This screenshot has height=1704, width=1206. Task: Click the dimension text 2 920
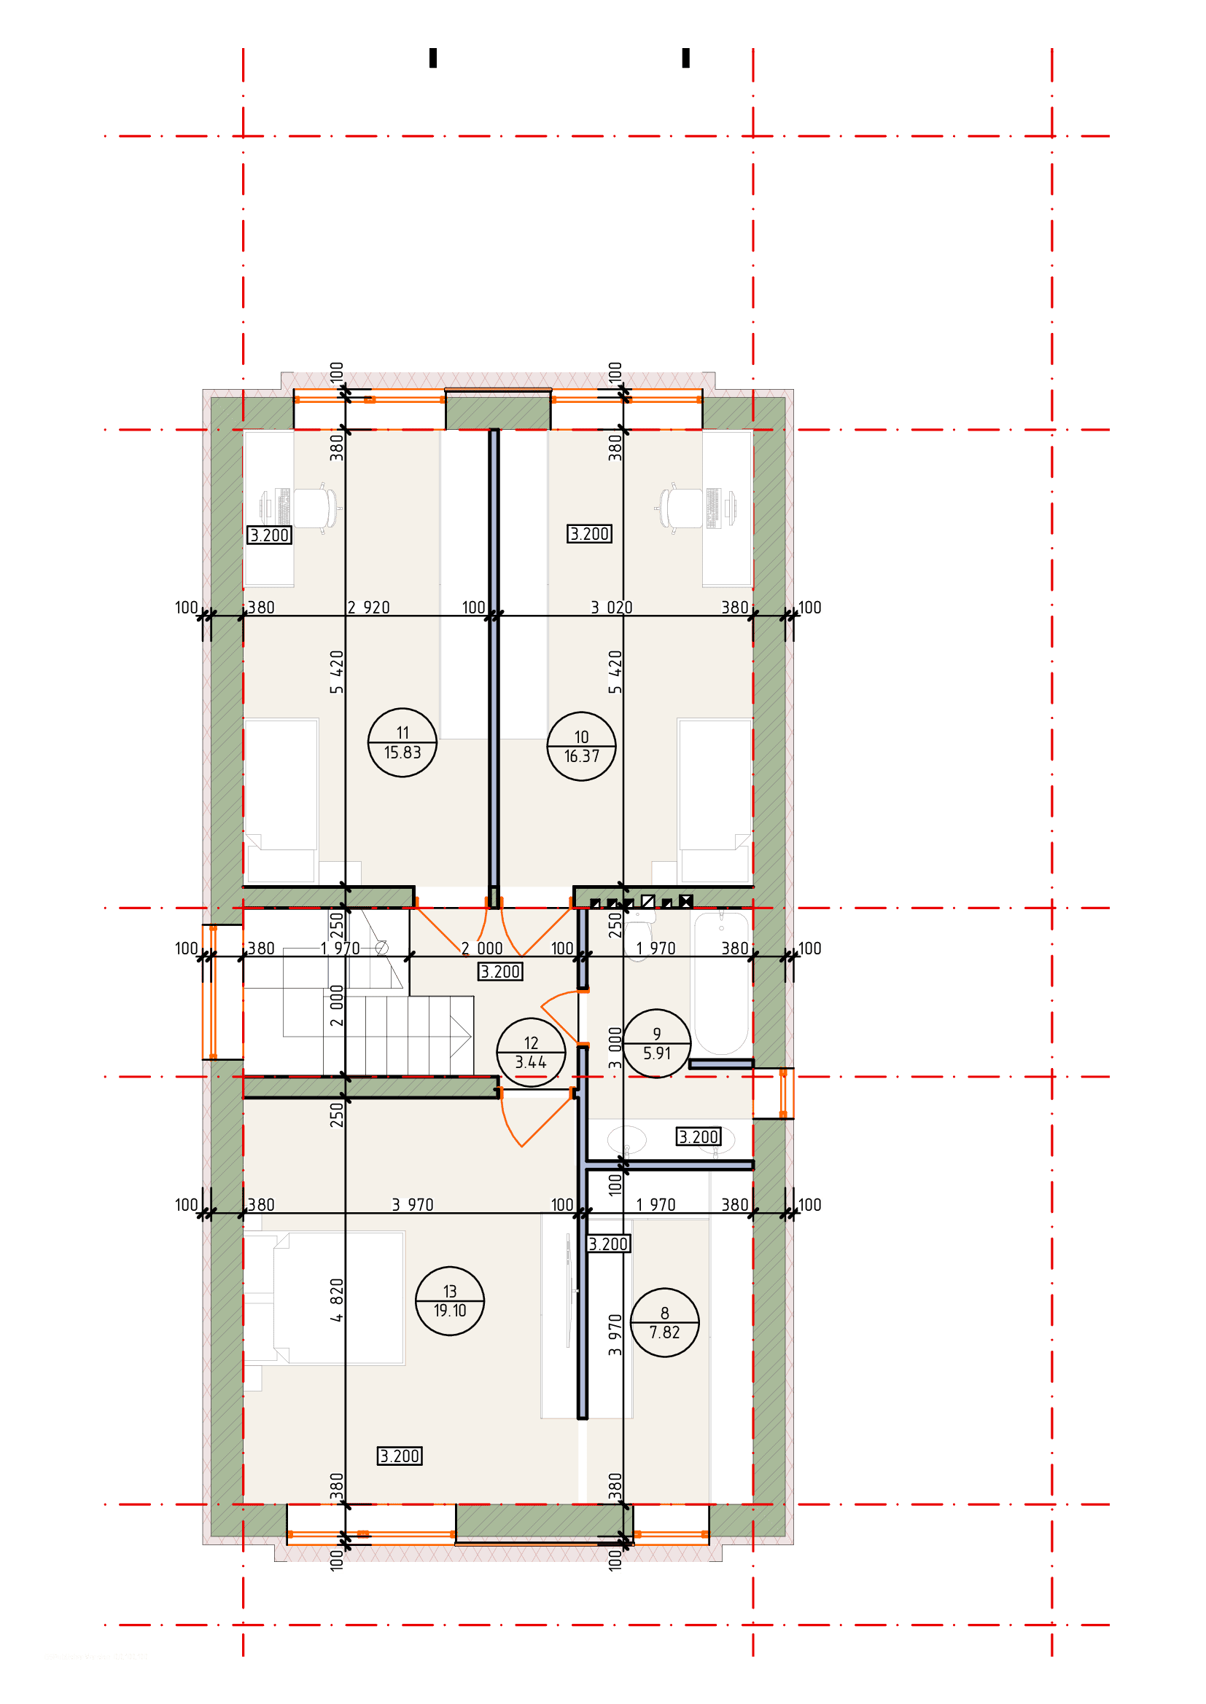click(368, 608)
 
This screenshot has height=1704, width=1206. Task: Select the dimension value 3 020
click(611, 608)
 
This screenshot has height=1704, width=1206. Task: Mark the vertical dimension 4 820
click(337, 1300)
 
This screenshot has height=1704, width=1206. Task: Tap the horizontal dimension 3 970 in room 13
click(412, 1205)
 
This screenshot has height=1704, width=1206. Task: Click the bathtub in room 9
click(720, 983)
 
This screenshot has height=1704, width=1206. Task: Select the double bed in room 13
click(324, 1298)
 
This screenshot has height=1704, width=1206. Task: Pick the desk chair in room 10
click(678, 509)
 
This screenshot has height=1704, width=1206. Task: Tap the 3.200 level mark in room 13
click(400, 1456)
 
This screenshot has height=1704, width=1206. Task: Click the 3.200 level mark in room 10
click(590, 533)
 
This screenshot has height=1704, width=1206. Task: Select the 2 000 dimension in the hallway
click(481, 949)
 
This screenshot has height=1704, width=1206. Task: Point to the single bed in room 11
click(281, 801)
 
